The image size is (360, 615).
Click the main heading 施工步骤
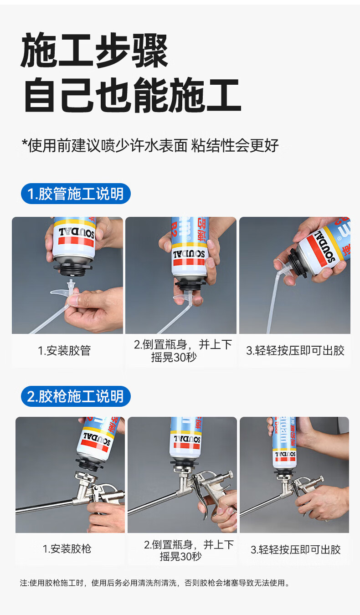pyautogui.click(x=94, y=50)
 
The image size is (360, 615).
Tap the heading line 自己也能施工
pyautogui.click(x=133, y=95)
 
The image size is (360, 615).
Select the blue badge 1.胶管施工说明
pyautogui.click(x=76, y=194)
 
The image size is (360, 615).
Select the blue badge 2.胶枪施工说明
pyautogui.click(x=76, y=396)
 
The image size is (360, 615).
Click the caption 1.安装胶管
pyautogui.click(x=65, y=351)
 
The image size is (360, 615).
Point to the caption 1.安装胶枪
pyautogui.click(x=67, y=549)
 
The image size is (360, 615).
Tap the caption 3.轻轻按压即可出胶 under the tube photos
pyautogui.click(x=295, y=351)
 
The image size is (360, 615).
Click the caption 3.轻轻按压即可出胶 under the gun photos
pyautogui.click(x=295, y=550)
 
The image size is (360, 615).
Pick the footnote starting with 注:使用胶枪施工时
pyautogui.click(x=155, y=583)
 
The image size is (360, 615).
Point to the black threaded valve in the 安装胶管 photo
pyautogui.click(x=73, y=268)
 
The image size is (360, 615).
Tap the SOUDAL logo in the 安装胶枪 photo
pyautogui.click(x=97, y=438)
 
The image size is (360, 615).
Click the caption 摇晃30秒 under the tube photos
pyautogui.click(x=174, y=357)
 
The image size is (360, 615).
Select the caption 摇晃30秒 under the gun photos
pyautogui.click(x=181, y=556)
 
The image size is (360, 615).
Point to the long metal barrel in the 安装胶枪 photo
pyautogui.click(x=45, y=506)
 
